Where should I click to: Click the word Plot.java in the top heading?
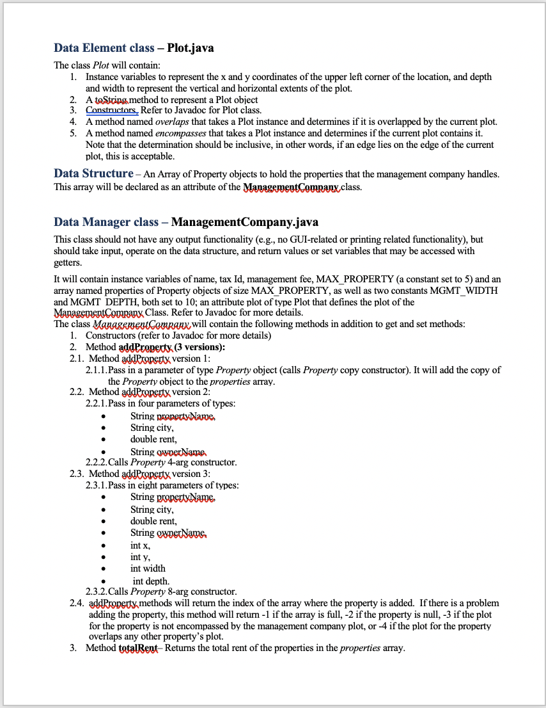191,48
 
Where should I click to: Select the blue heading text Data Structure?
93,173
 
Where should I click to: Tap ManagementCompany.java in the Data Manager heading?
245,222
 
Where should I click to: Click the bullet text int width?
148,568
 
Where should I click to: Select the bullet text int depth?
151,581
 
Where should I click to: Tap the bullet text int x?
141,545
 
